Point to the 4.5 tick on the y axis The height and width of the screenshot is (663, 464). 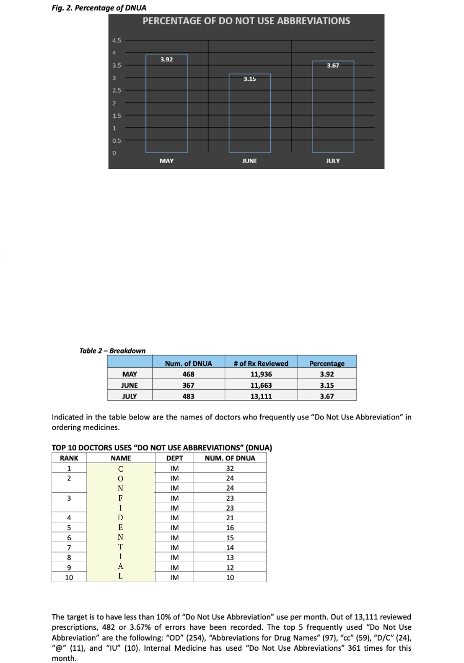tap(117, 40)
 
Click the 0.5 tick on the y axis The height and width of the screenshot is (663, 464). tap(117, 141)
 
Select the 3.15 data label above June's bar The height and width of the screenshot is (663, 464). tap(249, 79)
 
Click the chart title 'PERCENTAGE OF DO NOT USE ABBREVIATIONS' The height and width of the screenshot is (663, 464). tap(246, 21)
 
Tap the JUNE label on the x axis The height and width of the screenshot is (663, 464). tap(249, 161)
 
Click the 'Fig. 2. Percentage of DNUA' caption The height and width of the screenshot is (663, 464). tap(99, 8)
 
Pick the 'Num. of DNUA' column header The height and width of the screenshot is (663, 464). tap(188, 363)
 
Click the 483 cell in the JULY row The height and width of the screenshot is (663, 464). tap(188, 396)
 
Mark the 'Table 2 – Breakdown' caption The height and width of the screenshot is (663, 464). tap(112, 350)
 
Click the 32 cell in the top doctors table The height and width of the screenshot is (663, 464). tap(230, 469)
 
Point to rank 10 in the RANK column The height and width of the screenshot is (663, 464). tap(69, 577)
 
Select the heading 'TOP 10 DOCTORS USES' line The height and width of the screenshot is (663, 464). tap(162, 448)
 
